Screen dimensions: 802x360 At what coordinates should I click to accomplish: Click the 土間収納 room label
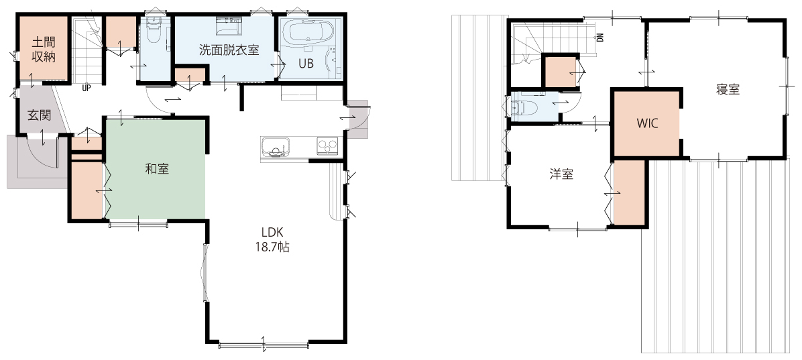(44, 49)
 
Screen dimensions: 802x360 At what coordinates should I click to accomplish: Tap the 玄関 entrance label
(40, 115)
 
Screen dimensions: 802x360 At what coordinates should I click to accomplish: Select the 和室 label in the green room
(157, 169)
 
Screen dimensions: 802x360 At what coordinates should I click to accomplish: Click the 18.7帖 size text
(273, 247)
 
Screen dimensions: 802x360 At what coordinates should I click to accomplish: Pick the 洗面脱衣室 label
(229, 50)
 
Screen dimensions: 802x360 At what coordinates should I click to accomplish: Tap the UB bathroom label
(306, 64)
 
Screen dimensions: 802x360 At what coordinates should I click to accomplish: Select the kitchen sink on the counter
(276, 147)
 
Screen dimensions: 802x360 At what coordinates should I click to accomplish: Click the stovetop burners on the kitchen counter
(327, 145)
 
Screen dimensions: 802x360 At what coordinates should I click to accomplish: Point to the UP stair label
(87, 87)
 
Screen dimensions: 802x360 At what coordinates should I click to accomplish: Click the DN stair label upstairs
(600, 37)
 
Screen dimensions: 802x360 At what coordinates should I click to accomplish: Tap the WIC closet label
(647, 123)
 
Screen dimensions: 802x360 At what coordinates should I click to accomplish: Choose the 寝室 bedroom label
(728, 89)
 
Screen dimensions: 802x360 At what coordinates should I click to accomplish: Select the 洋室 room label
(561, 174)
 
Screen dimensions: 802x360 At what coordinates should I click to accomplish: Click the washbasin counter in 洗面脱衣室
(229, 26)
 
